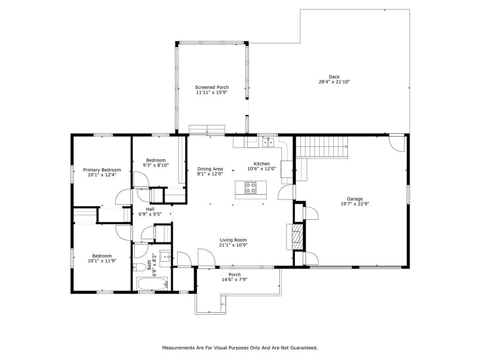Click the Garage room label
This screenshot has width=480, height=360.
(x=354, y=199)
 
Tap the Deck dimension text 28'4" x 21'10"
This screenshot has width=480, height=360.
(x=334, y=82)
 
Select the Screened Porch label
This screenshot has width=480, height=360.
(x=211, y=87)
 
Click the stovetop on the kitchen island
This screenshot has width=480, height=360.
(x=250, y=187)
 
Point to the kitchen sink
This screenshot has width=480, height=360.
(x=268, y=142)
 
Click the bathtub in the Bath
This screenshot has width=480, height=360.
(x=152, y=284)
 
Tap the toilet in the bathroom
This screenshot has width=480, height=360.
(x=139, y=267)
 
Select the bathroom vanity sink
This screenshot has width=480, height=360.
(x=165, y=256)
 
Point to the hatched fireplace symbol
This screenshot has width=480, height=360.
(x=297, y=237)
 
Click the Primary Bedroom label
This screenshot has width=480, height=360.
(x=102, y=170)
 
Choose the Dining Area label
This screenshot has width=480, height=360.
(x=210, y=169)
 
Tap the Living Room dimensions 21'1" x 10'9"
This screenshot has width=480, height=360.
(x=233, y=245)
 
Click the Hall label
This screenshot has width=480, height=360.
(x=150, y=209)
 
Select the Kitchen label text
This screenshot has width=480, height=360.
(x=262, y=164)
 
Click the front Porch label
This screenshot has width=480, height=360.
(x=234, y=275)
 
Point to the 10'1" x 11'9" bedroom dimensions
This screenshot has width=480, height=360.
(x=102, y=261)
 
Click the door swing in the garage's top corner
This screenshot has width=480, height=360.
(x=397, y=143)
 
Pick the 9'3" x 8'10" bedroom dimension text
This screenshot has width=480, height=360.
(x=156, y=165)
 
